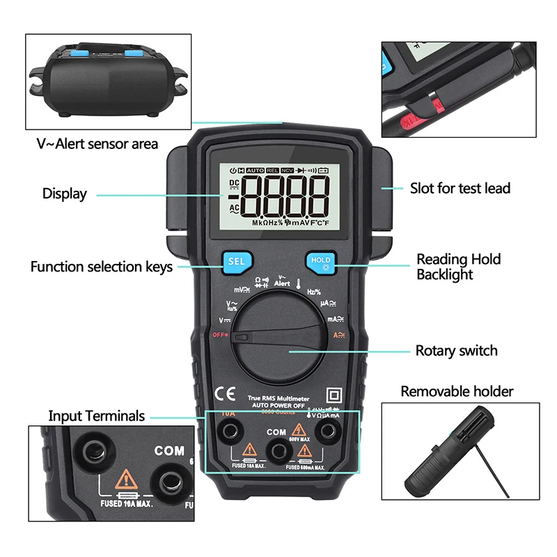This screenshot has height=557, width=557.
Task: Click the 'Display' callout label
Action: (65, 194)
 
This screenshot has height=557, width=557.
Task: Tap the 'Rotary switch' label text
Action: (456, 351)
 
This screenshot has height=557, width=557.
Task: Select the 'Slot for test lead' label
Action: (460, 188)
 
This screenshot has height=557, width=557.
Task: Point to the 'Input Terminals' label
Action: (96, 416)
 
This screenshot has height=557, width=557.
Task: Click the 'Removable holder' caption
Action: (457, 391)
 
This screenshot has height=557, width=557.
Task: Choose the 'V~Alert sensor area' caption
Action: (97, 144)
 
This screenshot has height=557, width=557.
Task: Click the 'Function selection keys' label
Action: (102, 267)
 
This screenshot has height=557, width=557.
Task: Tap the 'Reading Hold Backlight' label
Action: (458, 267)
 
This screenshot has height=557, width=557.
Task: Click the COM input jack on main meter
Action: (278, 450)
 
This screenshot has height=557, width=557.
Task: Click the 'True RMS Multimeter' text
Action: (278, 398)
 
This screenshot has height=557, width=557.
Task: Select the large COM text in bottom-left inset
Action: (169, 450)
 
